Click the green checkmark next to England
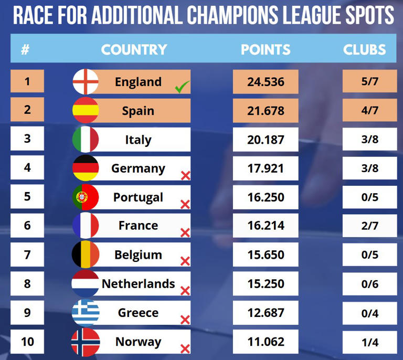coord(182,87)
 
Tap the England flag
coord(86,82)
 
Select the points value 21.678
coord(266,111)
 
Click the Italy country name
coord(138,140)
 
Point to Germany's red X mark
coord(185,175)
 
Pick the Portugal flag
coord(86,197)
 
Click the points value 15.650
coord(266,255)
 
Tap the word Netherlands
coord(138,284)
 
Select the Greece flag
coord(86,313)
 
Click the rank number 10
coord(27,342)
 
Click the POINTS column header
coord(266,50)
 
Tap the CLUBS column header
coord(365,50)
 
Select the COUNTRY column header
coord(134,50)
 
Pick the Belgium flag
coord(86,255)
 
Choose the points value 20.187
coord(266,140)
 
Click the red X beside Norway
coord(185,349)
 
